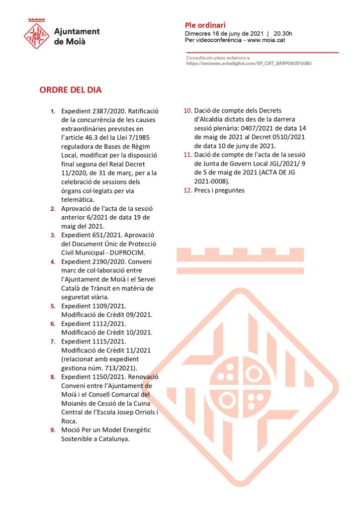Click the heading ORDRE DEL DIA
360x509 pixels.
pos(71,90)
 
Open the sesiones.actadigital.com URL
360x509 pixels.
pos(249,64)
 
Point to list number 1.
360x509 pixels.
pos(53,111)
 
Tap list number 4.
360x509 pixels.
pos(53,261)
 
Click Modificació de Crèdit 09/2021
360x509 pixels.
pos(106,315)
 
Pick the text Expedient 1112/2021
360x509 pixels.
pos(93,324)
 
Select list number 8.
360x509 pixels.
pos(53,377)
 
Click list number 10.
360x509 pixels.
pos(188,111)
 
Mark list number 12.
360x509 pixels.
pos(188,190)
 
